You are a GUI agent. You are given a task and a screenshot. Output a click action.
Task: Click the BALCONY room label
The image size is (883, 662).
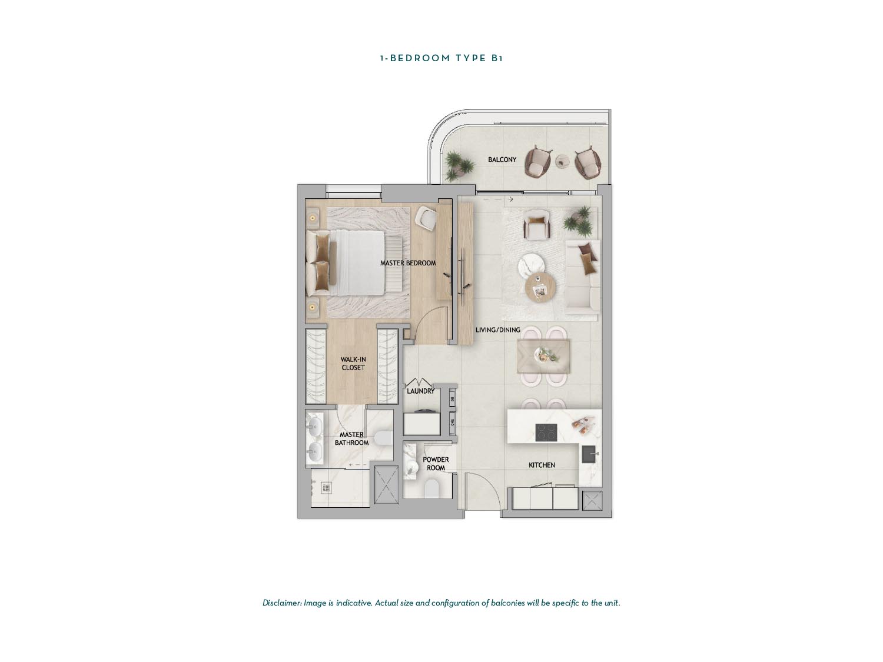tap(502, 159)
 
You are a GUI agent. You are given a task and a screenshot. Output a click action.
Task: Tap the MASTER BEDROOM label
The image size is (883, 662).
tap(408, 263)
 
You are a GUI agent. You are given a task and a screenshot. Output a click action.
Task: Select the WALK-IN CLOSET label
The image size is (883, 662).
tap(353, 364)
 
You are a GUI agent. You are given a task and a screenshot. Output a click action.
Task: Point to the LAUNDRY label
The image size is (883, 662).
tap(420, 391)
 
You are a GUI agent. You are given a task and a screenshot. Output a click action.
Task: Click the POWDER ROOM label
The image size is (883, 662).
tap(436, 464)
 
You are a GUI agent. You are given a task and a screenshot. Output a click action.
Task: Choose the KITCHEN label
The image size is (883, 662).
tap(542, 465)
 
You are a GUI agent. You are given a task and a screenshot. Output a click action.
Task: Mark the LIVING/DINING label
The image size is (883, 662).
tap(498, 330)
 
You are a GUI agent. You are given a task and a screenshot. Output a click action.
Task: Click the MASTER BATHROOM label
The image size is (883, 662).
tap(351, 438)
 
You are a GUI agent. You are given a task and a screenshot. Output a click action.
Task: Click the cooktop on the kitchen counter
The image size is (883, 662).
tap(546, 433)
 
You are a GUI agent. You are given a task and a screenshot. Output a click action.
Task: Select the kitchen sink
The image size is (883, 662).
tap(589, 454)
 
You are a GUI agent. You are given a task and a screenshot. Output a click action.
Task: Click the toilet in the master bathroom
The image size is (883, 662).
tap(383, 438)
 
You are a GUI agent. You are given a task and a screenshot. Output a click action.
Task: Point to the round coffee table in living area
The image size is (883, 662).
tap(540, 288)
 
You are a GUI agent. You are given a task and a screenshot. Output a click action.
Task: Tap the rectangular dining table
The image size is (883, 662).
tap(543, 356)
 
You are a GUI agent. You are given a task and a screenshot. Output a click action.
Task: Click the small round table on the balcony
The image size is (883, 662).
tap(563, 160)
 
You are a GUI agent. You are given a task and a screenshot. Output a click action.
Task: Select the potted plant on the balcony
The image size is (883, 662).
tap(456, 163)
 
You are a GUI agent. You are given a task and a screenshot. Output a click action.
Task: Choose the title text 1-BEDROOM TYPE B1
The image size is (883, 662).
tap(441, 58)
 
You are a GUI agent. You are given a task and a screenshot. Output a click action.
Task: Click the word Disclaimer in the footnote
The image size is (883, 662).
tap(282, 603)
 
